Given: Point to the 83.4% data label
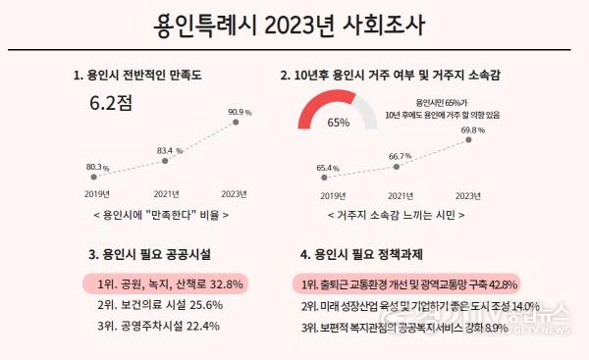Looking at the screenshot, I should coord(170,151).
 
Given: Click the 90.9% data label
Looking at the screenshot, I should coord(240,112).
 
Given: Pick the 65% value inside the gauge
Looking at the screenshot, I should coord(339,124).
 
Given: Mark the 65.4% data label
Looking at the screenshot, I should coord(328,168).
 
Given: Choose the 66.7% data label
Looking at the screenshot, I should coord(400,156).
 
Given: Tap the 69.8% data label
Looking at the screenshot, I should coord(473,129).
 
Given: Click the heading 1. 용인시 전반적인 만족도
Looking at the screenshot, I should coord(134,75).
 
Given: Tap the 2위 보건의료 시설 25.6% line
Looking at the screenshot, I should coord(160,305).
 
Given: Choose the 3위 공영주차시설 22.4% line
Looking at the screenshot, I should coord(160,327).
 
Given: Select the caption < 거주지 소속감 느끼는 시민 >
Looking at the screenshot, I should coord(393,214).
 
